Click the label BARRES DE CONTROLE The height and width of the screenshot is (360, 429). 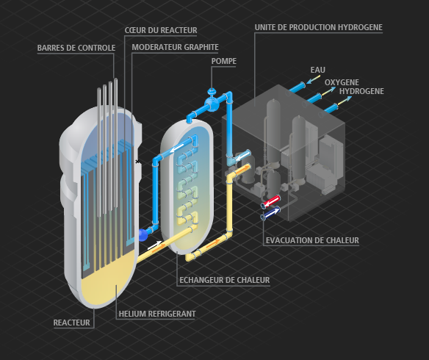(x=76, y=48)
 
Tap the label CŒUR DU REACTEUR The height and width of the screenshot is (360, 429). (x=161, y=30)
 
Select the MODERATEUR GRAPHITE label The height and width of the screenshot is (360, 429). (x=175, y=47)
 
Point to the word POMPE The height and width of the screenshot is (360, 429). (x=224, y=61)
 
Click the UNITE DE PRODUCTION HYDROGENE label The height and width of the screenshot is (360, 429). (x=319, y=27)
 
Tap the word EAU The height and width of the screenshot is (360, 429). (x=317, y=70)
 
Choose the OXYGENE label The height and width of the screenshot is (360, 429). (x=342, y=82)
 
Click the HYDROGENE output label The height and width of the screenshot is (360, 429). (x=361, y=91)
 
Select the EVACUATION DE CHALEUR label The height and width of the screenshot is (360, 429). (x=312, y=240)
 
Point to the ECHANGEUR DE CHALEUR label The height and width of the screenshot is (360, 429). (x=224, y=280)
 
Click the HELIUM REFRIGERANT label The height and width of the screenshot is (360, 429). (x=157, y=314)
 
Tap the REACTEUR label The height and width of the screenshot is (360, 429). (x=71, y=323)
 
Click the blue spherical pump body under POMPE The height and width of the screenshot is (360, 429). (x=212, y=104)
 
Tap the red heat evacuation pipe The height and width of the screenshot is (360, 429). (x=271, y=201)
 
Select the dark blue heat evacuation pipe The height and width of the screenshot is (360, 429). (x=271, y=212)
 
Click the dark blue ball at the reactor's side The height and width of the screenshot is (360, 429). (x=143, y=235)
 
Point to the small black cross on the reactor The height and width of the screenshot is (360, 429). (x=137, y=162)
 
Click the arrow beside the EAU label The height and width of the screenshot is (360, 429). (x=313, y=79)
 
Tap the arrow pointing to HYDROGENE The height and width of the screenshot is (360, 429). (x=345, y=101)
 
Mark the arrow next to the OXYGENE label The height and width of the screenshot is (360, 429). (x=328, y=91)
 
